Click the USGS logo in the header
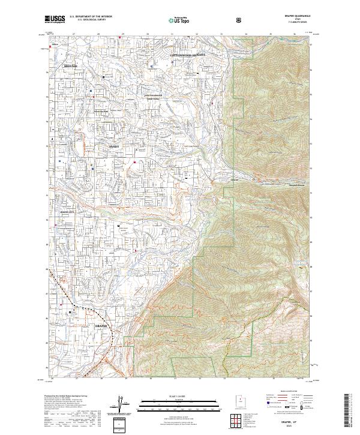(x=55, y=19)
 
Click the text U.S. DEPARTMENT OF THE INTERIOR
(x=90, y=17)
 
